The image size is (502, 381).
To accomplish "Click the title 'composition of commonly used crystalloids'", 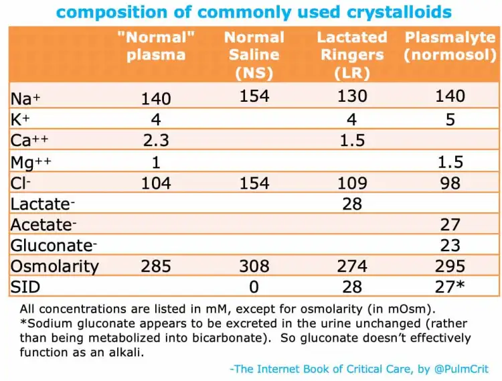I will tap(253, 12).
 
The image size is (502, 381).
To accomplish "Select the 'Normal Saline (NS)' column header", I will tap(254, 55).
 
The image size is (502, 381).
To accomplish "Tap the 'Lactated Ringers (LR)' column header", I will tap(352, 55).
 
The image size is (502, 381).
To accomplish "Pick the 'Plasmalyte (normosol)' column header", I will tap(450, 46).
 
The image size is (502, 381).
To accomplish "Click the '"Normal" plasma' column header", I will tap(156, 46).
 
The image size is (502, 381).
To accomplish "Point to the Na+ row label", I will tap(25, 98).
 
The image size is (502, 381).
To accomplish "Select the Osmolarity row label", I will tap(54, 266).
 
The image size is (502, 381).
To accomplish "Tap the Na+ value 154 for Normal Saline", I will tap(254, 96).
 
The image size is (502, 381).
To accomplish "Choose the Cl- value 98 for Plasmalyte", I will tap(450, 183).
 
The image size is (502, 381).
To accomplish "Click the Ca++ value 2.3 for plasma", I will tap(156, 141).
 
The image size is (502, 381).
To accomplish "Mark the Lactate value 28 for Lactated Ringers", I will tap(352, 204).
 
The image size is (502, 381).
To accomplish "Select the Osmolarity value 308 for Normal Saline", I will tap(254, 266).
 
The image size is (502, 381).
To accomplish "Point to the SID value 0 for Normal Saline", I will tap(254, 287).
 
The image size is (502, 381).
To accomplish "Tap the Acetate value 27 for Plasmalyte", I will tap(450, 224).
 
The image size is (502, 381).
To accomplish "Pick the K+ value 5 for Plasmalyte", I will tap(450, 120).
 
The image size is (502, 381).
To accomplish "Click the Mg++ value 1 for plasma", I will tap(156, 161).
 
